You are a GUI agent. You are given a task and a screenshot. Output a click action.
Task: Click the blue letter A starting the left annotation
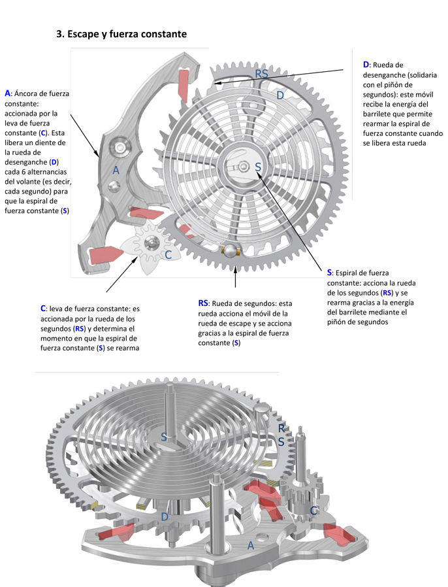click(7, 93)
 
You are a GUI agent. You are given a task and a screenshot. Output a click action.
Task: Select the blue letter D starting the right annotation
click(366, 64)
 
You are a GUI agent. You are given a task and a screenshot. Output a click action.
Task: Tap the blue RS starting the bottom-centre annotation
click(203, 303)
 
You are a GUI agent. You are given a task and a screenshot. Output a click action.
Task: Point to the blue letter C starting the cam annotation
click(43, 308)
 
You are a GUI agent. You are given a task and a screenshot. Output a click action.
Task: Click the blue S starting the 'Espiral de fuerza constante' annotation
click(330, 272)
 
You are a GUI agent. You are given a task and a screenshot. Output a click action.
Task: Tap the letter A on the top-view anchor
click(116, 170)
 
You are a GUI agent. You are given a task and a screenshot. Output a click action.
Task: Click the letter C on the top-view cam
click(168, 255)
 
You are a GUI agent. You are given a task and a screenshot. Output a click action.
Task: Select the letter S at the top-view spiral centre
click(258, 168)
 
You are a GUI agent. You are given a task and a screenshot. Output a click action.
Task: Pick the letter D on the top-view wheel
click(280, 95)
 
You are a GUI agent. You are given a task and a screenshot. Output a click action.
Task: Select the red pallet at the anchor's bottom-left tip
click(104, 255)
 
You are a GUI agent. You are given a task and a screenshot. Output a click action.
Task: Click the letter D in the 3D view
click(165, 518)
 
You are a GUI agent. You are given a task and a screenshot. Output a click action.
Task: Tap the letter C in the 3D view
click(314, 510)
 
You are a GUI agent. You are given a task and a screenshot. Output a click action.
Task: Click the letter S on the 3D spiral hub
click(165, 436)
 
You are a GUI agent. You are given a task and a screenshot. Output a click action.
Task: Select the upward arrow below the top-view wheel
click(236, 277)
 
